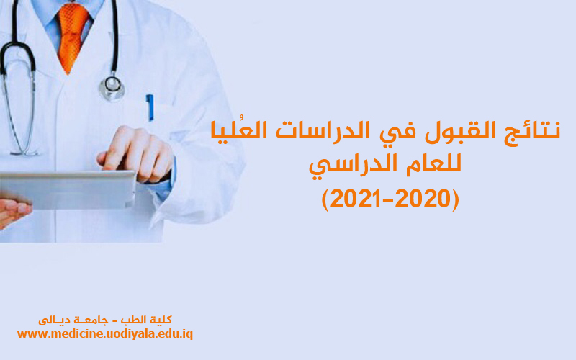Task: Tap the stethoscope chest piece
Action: click(x=112, y=87)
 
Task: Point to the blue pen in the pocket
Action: click(x=150, y=107)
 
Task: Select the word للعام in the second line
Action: click(x=433, y=164)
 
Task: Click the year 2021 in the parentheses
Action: click(x=354, y=199)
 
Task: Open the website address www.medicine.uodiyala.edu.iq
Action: click(x=105, y=334)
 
